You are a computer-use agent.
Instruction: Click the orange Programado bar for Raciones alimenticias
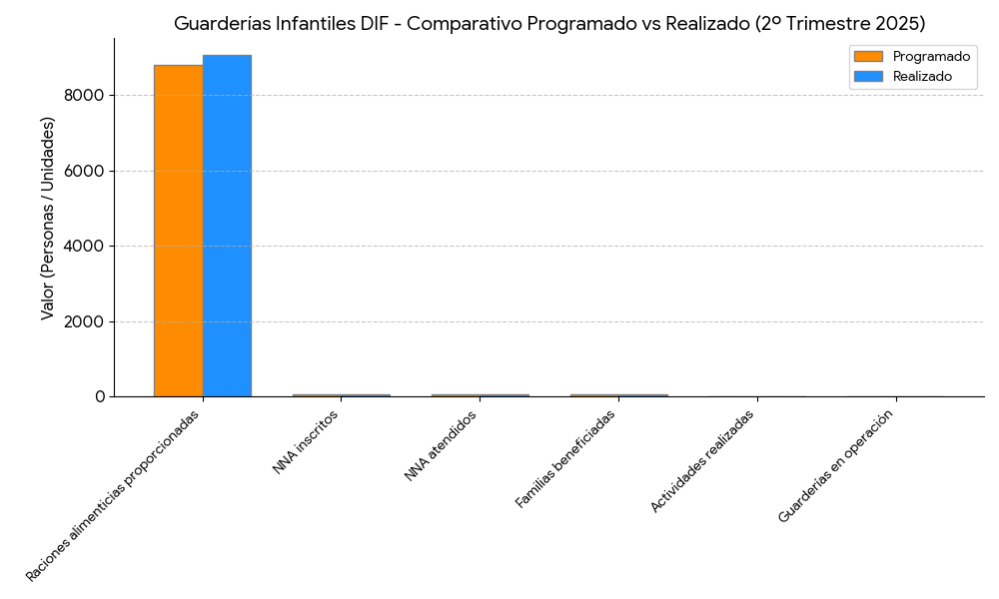click(x=178, y=231)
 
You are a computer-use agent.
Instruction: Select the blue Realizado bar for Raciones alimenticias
click(x=227, y=226)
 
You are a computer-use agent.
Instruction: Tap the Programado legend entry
click(x=931, y=56)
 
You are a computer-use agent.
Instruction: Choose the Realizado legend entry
click(x=922, y=76)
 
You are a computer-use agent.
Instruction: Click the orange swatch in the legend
click(x=868, y=56)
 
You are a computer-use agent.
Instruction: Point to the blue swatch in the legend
click(x=868, y=76)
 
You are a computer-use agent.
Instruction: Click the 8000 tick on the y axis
click(x=85, y=96)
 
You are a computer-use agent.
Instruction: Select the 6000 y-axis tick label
click(x=85, y=171)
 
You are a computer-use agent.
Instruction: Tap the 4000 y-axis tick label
click(x=85, y=247)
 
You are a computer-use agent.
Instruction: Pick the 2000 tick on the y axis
click(x=85, y=321)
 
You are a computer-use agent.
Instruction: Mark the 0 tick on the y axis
click(x=99, y=397)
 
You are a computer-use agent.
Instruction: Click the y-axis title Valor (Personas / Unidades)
click(x=48, y=218)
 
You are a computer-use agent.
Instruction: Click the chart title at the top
click(x=548, y=23)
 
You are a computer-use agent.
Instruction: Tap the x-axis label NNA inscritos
click(x=306, y=442)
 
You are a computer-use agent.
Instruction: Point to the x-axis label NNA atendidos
click(x=441, y=446)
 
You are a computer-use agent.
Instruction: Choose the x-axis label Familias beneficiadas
click(x=565, y=459)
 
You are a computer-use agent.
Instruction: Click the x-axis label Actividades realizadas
click(x=701, y=461)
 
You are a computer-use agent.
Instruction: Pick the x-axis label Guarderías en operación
click(x=835, y=466)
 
